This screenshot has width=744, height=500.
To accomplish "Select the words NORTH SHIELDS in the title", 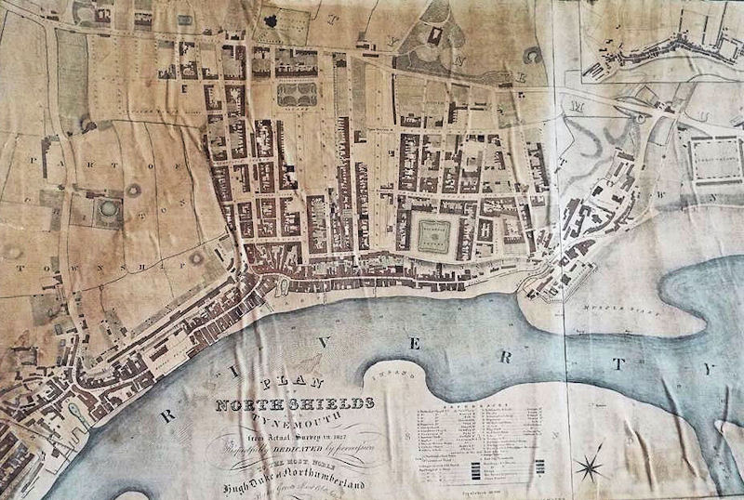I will [x=296, y=403].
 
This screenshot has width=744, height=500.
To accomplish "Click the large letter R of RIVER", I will [x=169, y=415].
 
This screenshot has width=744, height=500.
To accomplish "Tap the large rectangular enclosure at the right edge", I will [x=714, y=159].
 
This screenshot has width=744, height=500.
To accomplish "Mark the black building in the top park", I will [x=434, y=35].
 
